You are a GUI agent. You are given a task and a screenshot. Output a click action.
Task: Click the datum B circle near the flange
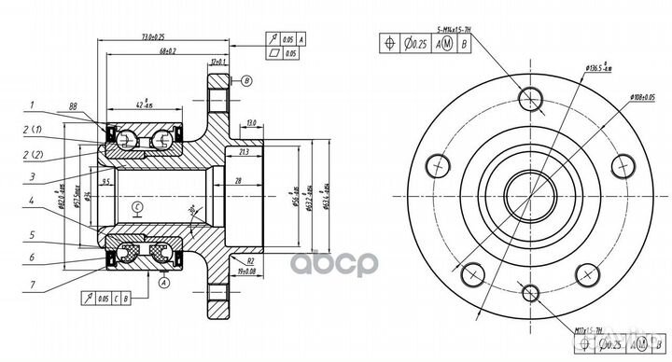click(x=245, y=82)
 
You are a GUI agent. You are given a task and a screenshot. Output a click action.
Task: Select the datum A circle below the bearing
click(x=165, y=281)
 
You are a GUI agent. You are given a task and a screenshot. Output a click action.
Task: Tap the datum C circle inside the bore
click(x=136, y=206)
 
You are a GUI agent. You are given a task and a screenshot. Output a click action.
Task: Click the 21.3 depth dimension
click(x=244, y=151)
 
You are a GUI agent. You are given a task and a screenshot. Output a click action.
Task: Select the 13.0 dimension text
click(x=250, y=121)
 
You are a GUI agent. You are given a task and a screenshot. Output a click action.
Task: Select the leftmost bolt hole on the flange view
click(x=435, y=165)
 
